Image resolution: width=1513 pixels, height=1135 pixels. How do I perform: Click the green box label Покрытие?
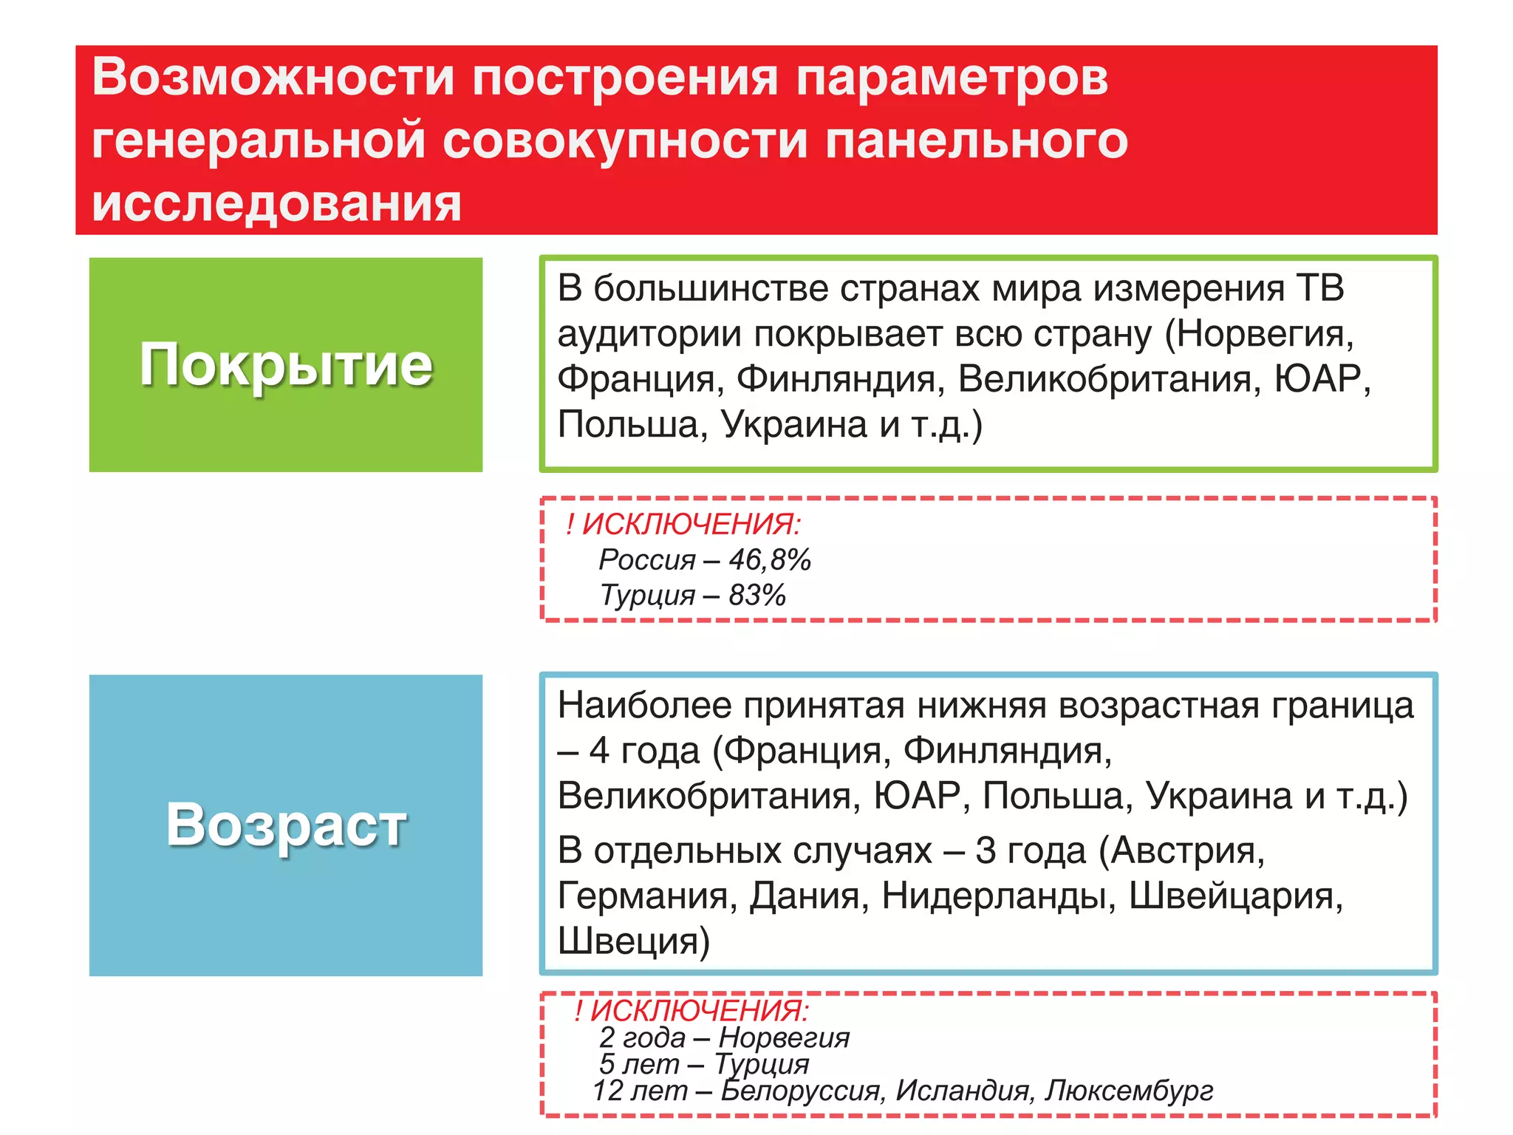286,364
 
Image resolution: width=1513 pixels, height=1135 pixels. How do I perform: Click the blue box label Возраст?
286,825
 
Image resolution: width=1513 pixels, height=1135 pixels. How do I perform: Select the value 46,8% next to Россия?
770,560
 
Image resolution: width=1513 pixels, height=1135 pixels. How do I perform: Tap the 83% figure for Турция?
757,596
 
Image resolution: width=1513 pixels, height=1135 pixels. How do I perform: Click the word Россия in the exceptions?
647,560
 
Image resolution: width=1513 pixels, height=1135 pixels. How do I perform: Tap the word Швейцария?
1236,896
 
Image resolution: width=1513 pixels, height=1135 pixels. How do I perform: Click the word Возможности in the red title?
273,77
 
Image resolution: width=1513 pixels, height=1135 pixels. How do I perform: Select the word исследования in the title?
276,203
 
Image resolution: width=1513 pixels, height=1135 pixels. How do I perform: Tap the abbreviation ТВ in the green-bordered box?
1320,288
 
